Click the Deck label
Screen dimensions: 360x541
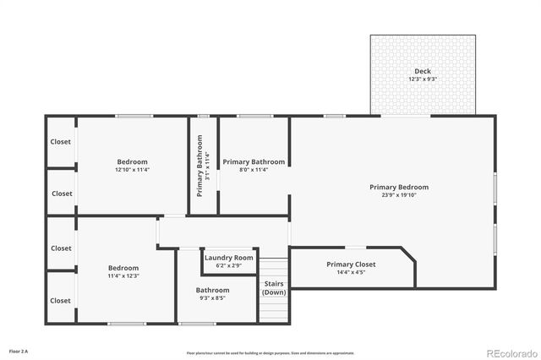[x=423, y=70]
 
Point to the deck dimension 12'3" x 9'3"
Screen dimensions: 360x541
[x=423, y=79]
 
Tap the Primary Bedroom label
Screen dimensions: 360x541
[x=399, y=187]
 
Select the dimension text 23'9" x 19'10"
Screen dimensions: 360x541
[x=399, y=195]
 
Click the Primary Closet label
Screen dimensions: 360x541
[x=351, y=265]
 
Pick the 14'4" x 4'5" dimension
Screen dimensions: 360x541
[x=351, y=273]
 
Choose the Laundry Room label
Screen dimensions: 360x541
[x=228, y=258]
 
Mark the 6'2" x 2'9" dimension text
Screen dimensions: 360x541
[x=228, y=266]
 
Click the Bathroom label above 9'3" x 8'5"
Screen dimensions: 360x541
[x=212, y=290]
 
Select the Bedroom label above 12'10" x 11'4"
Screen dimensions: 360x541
[x=132, y=161]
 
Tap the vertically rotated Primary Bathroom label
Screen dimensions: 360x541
[x=200, y=167]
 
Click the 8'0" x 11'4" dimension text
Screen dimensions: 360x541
[x=254, y=170]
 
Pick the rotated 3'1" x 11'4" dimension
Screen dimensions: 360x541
[x=208, y=167]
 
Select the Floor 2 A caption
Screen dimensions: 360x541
[x=18, y=350]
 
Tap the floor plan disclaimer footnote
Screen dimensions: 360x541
[x=270, y=352]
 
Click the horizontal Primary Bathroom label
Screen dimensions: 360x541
[x=254, y=161]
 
